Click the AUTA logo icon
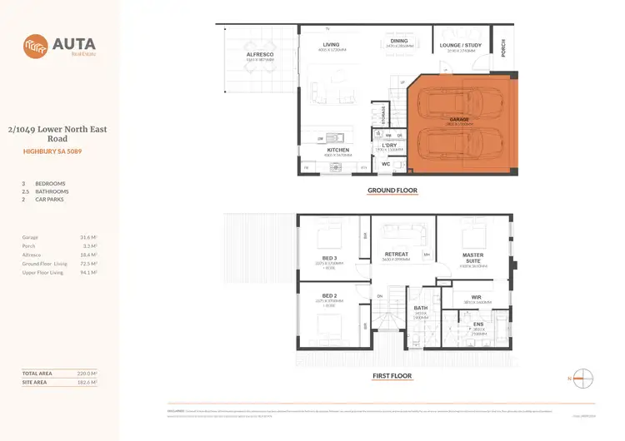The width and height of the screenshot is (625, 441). coord(36,44)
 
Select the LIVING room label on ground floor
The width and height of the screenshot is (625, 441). coord(331,45)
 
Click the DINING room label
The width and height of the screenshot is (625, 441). coord(398,40)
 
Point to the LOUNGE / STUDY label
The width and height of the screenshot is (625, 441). coord(461,45)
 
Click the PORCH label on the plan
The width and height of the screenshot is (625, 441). coord(503,49)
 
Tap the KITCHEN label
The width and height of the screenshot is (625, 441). coord(349,150)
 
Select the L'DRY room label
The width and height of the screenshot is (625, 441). coord(389,145)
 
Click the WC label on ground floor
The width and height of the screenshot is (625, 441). coord(385,164)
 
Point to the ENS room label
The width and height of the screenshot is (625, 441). coord(478,325)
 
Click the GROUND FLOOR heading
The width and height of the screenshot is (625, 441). coord(392,191)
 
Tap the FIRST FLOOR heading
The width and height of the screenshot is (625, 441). coord(392,375)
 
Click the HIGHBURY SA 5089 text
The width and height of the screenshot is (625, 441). coord(57,151)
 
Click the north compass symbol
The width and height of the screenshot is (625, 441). coord(586,379)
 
